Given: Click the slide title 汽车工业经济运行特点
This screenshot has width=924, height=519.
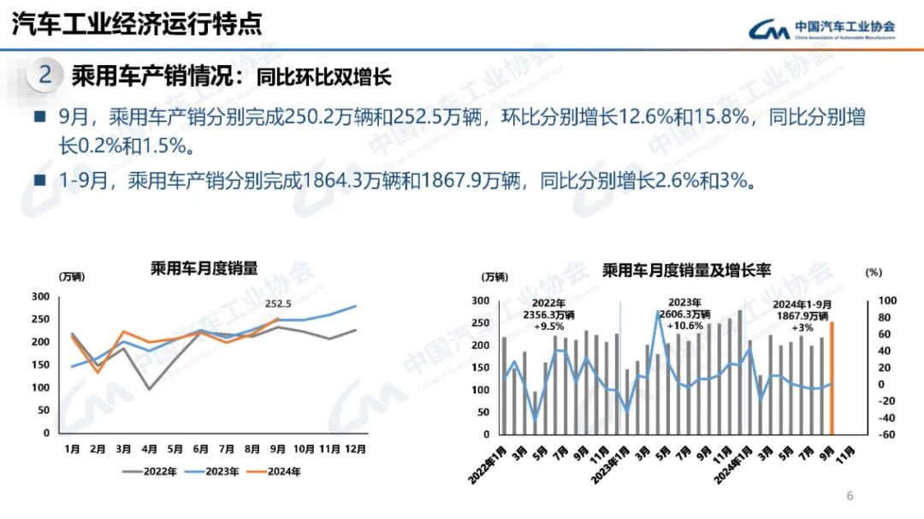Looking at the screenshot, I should tap(137, 23).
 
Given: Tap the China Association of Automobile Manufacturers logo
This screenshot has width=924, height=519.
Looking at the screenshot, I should tap(821, 29).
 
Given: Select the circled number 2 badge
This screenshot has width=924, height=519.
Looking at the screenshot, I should tap(45, 75).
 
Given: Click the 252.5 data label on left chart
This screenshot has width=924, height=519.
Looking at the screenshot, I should tap(278, 304).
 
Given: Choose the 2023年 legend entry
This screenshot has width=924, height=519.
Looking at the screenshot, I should tap(215, 471).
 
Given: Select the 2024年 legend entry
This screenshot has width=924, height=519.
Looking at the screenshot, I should tap(277, 471).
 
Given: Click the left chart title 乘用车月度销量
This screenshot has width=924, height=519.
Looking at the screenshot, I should tap(204, 268).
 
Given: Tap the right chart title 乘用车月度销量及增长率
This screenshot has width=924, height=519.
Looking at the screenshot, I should tap(686, 271).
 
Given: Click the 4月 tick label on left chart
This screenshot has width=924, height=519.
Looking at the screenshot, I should tap(149, 448).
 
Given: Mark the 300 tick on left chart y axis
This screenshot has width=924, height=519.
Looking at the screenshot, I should tap(40, 297).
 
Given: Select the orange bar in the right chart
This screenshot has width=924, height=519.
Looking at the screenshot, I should tap(831, 377).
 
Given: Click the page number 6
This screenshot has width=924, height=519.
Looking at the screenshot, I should tap(850, 496).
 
